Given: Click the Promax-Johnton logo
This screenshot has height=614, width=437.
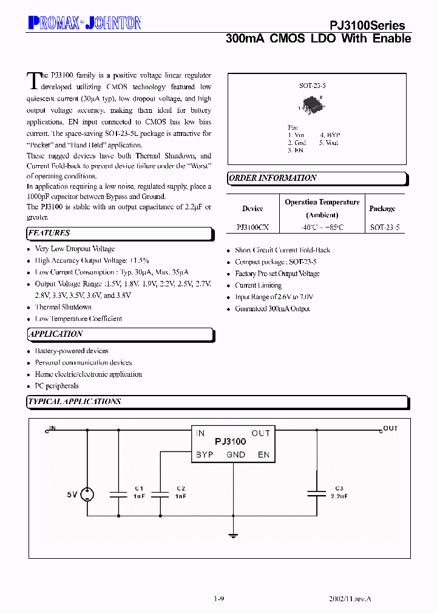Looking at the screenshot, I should click(x=84, y=24).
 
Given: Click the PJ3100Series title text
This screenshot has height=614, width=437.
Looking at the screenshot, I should click(x=367, y=25).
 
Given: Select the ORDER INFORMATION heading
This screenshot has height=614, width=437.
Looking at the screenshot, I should click(x=273, y=178).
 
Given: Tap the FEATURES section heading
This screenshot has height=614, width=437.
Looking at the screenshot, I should click(x=49, y=233).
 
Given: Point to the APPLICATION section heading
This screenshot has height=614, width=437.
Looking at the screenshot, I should click(x=55, y=334).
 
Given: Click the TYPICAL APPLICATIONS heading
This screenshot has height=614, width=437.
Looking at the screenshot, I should click(x=75, y=402).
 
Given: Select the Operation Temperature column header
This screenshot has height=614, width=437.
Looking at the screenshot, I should click(x=322, y=208).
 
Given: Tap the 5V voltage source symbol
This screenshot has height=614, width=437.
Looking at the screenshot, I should click(x=88, y=494).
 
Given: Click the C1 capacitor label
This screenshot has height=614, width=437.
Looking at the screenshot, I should click(x=139, y=488).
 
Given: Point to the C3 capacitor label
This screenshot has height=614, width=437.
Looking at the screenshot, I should click(x=339, y=488).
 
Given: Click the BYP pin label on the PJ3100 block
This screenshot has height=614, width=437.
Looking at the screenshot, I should click(x=205, y=454).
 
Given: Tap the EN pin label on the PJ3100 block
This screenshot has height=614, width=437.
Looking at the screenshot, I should click(x=263, y=454).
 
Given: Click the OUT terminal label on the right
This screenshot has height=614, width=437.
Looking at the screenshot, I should click(x=390, y=428).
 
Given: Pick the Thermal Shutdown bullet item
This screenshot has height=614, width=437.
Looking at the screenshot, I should click(x=63, y=307).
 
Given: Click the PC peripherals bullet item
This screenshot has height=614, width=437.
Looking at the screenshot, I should click(x=56, y=386).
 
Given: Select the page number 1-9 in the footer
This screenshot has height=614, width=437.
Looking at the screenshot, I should click(x=219, y=598).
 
